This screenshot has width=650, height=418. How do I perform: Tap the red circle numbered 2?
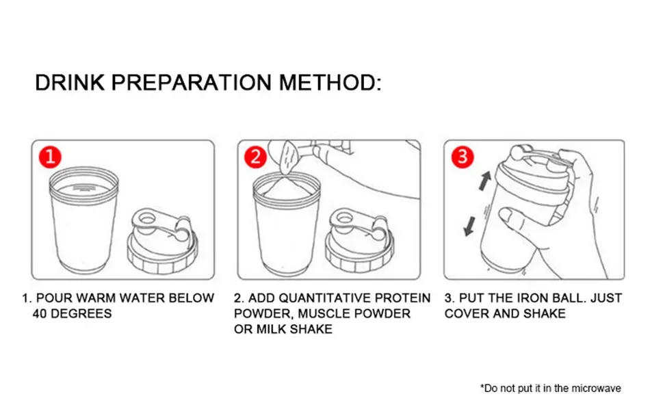(x=256, y=158)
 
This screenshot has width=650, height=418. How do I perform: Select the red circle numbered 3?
(x=463, y=158)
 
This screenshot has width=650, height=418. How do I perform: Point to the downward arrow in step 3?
(x=469, y=225)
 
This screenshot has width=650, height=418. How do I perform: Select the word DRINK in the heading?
(x=70, y=83)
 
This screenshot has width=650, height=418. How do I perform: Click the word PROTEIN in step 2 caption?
(x=406, y=298)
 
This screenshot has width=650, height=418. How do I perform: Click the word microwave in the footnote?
(x=597, y=389)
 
